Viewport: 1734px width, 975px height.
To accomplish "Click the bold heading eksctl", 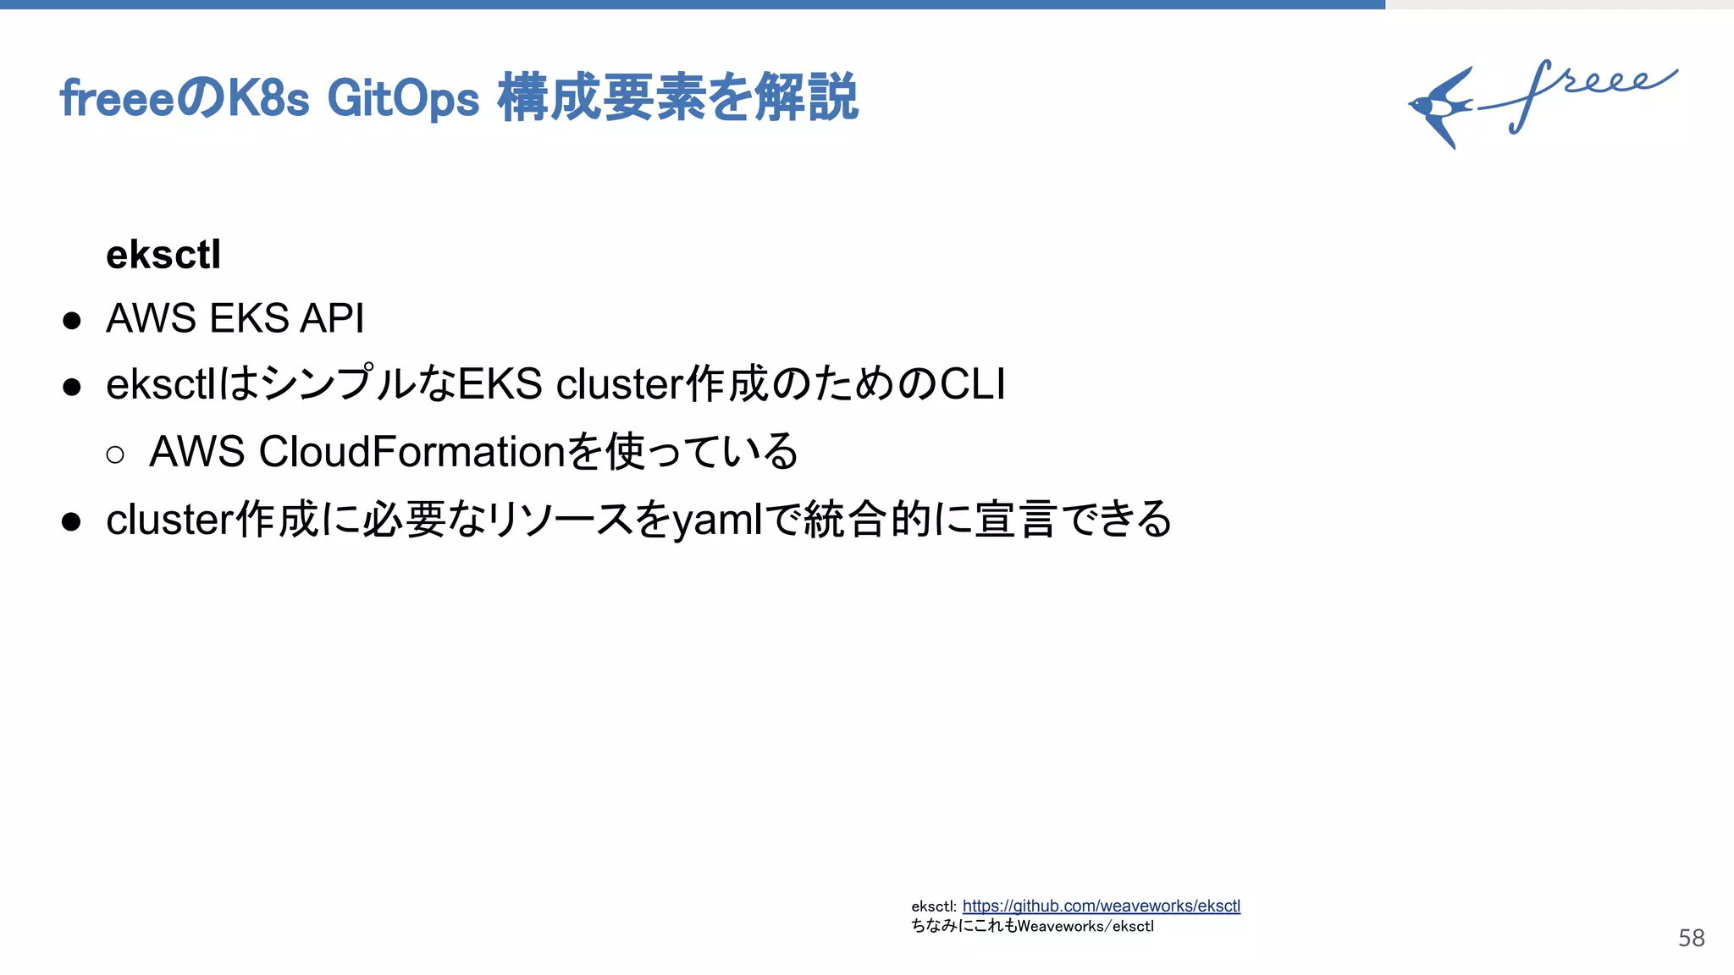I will click(163, 255).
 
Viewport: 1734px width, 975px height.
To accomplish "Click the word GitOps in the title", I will click(403, 98).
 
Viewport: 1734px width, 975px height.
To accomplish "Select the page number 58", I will click(1691, 938).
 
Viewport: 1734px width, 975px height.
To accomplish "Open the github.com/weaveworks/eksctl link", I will click(1101, 906).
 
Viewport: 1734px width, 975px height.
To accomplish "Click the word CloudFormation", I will click(411, 451).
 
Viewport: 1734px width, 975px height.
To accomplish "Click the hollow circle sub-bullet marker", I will click(115, 455).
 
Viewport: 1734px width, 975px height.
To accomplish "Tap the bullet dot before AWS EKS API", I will click(72, 321).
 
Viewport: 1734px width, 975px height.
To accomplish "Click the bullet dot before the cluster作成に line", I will click(72, 521).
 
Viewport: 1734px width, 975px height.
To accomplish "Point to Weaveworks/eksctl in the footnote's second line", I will click(1085, 926).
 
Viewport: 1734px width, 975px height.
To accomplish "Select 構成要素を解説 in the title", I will click(677, 98).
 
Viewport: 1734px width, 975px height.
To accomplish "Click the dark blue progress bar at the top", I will click(693, 4).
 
